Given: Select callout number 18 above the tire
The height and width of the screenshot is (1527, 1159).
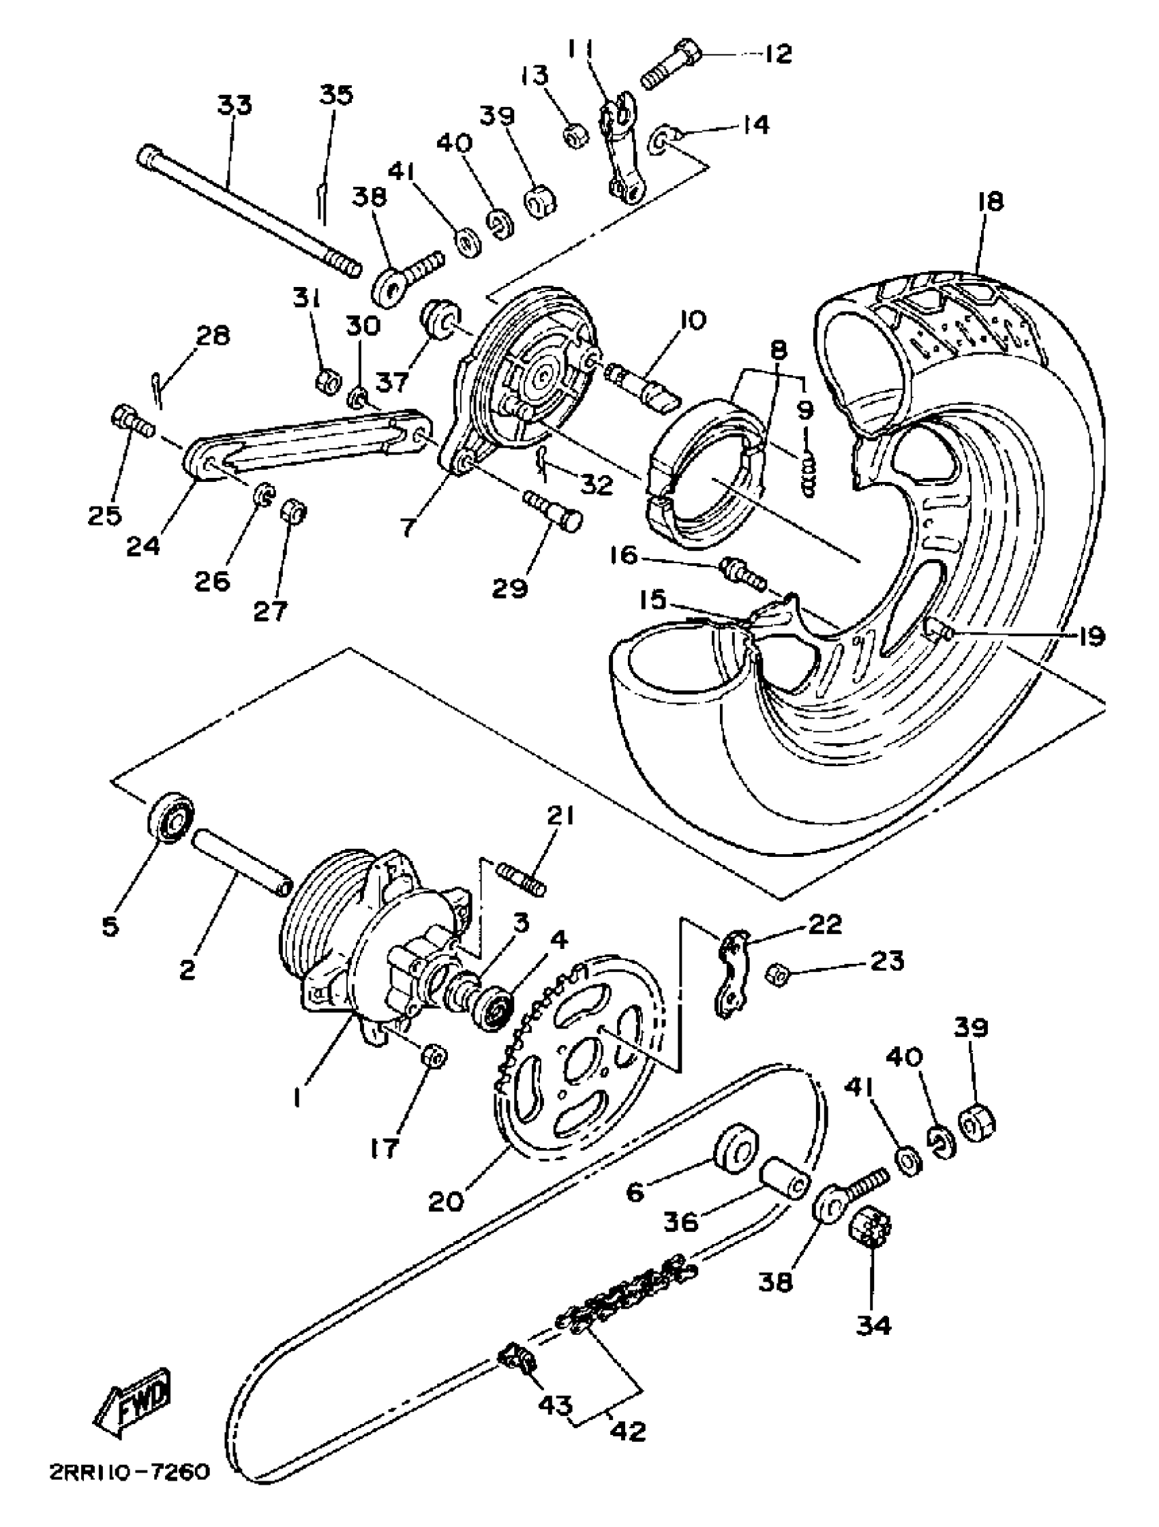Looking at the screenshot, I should pos(990,202).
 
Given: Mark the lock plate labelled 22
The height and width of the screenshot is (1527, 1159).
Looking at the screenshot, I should pos(732,973).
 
